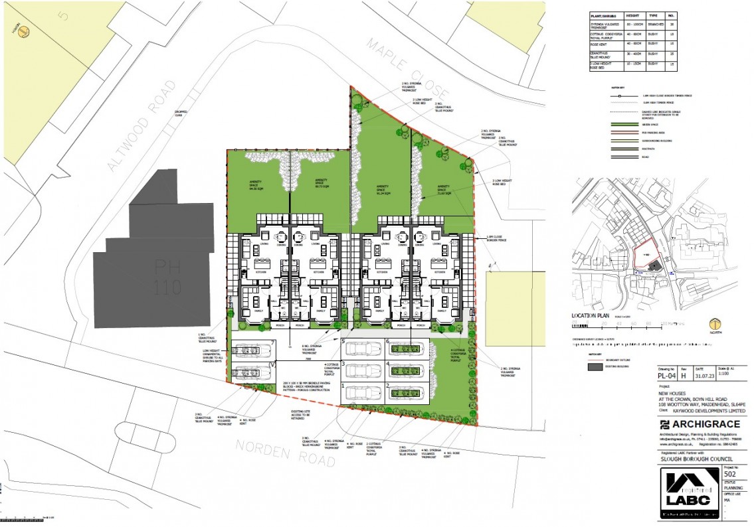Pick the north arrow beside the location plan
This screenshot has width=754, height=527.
pyautogui.click(x=715, y=325)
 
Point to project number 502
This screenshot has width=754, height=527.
pyautogui.click(x=729, y=475)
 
